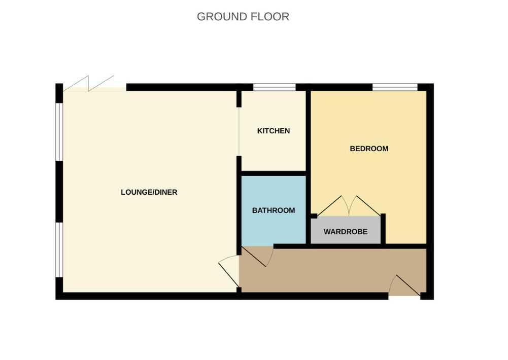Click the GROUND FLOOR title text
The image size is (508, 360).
point(243,17)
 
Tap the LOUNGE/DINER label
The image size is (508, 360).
point(149,192)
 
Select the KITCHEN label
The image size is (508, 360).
point(274,131)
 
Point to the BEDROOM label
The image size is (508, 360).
point(369,149)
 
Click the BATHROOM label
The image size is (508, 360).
point(274,210)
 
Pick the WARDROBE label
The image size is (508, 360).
point(346,232)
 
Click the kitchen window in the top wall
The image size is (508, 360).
point(275,87)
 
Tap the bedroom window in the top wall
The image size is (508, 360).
point(395,87)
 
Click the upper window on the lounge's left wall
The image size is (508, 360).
point(59,132)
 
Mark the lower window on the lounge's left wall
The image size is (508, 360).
point(59,249)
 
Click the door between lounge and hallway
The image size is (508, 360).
point(229,271)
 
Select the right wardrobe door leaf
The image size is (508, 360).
point(364,206)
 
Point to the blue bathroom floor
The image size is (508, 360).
point(274,210)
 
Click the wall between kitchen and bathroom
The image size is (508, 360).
point(274,173)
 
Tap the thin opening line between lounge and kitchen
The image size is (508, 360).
point(239,131)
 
